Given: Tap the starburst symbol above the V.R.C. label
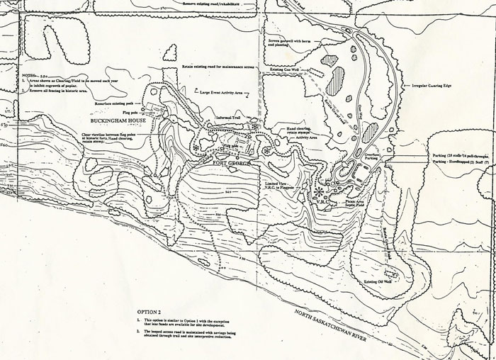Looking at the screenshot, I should pos(319,191).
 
